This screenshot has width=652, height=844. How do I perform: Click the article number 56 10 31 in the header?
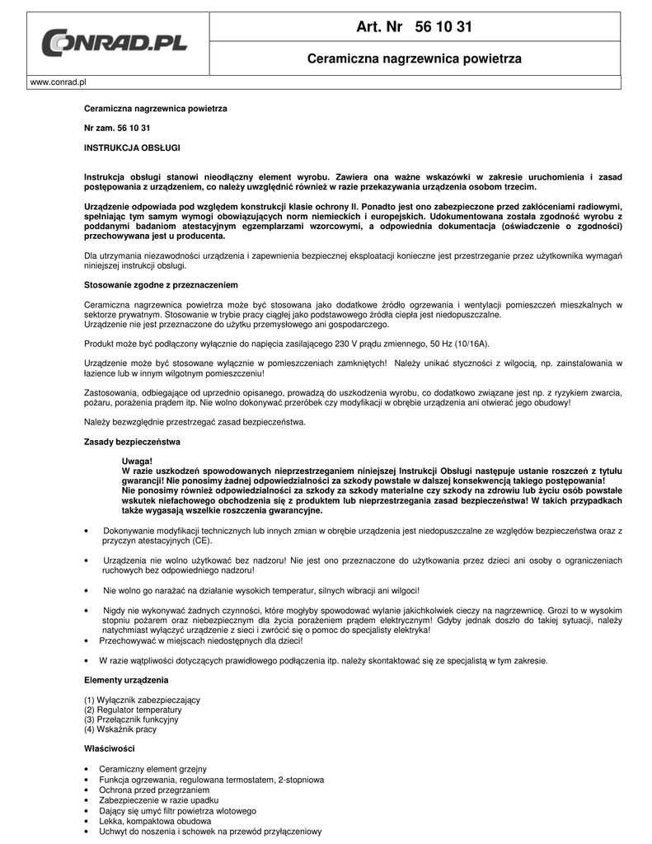pos(444,27)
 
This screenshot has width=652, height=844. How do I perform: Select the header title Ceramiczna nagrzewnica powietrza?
pos(414,59)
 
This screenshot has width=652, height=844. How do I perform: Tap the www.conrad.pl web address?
pos(59,82)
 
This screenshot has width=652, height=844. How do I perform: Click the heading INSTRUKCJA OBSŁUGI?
pos(132,148)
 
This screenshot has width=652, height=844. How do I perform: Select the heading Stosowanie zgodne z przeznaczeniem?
pos(161,284)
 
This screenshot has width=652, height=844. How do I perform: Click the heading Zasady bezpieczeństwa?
pos(132,442)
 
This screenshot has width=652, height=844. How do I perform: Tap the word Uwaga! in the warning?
pos(137,461)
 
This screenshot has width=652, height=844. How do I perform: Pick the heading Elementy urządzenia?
pos(126,680)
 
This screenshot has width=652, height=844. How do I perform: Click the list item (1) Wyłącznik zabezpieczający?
pos(142,700)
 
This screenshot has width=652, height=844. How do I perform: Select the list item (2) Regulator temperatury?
pos(133,710)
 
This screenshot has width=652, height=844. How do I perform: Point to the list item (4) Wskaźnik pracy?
pos(120,729)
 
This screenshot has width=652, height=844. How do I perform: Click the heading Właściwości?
pos(110,748)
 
